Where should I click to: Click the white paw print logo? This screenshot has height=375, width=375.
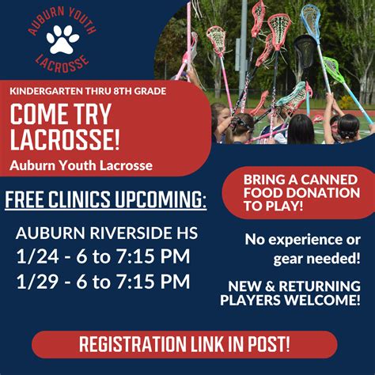[x=62, y=40]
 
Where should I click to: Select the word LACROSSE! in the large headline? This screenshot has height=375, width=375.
[x=65, y=139]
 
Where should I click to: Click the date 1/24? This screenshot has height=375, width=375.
[x=37, y=256]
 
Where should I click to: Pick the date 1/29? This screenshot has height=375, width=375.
[x=37, y=282]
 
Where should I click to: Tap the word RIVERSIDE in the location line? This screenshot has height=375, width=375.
[x=129, y=233]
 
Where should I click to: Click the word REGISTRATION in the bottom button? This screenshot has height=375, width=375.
[x=132, y=344]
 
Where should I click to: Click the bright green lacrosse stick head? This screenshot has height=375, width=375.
[x=334, y=69]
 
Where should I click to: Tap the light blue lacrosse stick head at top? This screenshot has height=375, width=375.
[x=311, y=19]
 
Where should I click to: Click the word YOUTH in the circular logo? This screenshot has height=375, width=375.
[x=81, y=21]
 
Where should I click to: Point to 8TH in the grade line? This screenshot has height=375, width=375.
[x=123, y=91]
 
